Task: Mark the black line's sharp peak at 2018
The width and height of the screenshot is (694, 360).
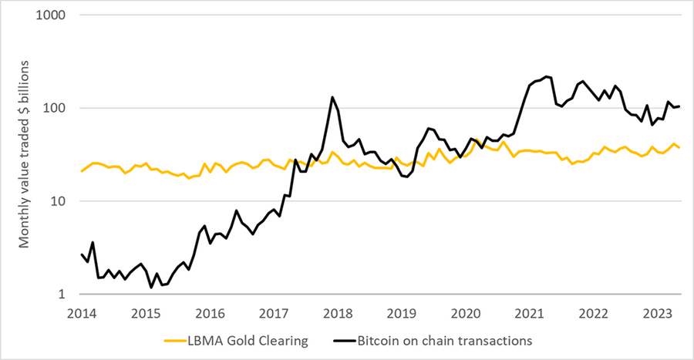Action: (x=332, y=97)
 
